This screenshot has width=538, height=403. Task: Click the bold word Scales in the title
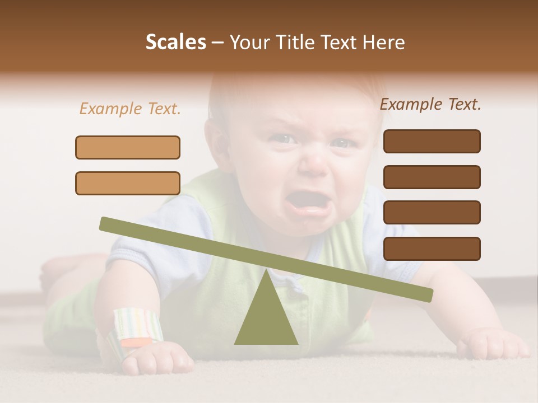[x=175, y=43]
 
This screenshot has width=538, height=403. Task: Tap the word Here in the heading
[x=383, y=43]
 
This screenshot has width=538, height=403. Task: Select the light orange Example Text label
[x=130, y=109]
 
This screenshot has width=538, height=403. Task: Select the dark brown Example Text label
[x=430, y=104]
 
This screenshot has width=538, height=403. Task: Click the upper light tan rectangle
[x=128, y=147]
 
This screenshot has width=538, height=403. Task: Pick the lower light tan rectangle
[x=128, y=183]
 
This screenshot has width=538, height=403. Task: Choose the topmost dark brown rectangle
[x=432, y=141]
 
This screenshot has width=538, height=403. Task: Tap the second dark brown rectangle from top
[x=432, y=177]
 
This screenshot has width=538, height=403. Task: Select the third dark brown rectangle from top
[x=432, y=212]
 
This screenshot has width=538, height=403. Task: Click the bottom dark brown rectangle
[x=432, y=249]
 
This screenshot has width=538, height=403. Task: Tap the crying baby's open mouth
[x=307, y=203]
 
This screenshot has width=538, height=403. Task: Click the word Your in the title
[x=251, y=43]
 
